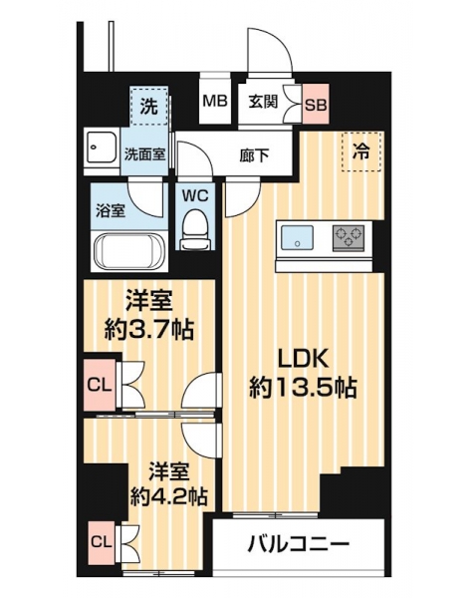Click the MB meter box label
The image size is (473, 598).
215,101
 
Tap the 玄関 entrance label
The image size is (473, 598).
263,102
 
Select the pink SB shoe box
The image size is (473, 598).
316,104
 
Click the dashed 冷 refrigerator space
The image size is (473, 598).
361,151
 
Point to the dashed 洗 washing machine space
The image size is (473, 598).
148,106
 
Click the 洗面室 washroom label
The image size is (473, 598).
144,155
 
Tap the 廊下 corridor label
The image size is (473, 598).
254,155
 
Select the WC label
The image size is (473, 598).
195,196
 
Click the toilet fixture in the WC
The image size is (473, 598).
195,230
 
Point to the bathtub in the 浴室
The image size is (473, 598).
129,251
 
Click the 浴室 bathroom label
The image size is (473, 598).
111,211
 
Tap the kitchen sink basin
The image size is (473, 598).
297,238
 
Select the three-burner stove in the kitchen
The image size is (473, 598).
349,238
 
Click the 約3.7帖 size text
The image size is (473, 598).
149,330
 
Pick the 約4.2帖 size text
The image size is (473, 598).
168,496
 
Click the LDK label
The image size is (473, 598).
303,360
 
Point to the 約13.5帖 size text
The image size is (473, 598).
303,389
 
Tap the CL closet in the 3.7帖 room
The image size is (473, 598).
100,385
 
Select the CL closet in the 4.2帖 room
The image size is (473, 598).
102,543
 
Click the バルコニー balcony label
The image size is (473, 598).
299,542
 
